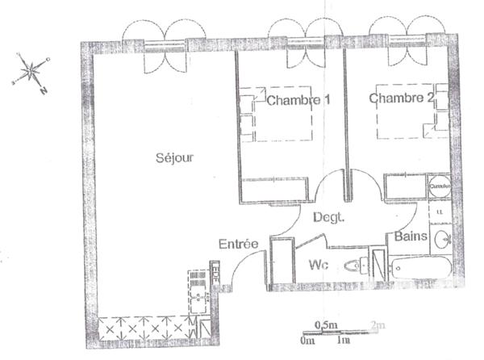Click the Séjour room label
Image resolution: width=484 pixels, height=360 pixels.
[175, 157]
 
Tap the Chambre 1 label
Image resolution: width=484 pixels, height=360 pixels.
[298, 101]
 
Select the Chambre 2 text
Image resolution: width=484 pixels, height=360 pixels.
[401, 98]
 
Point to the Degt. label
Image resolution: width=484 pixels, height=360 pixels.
[328, 216]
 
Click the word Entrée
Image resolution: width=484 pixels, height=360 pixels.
[238, 244]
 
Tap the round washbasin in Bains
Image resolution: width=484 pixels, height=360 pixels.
[442, 239]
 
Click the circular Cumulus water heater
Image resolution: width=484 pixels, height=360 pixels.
[440, 186]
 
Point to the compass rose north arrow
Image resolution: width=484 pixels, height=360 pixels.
[31, 72]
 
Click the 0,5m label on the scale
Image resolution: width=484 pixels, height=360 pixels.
[327, 324]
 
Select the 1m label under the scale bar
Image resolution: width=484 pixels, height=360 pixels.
[344, 340]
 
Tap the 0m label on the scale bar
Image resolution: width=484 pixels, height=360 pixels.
[307, 340]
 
